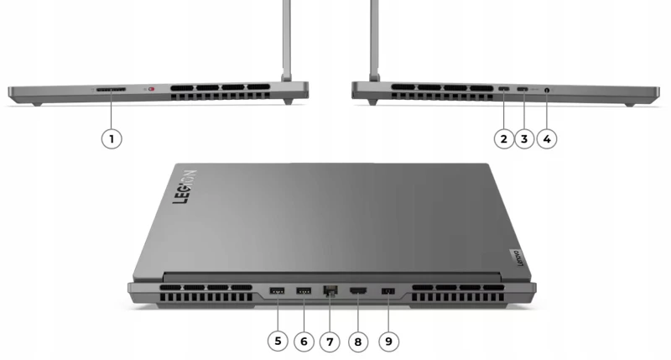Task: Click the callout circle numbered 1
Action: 112,138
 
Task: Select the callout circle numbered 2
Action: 504,138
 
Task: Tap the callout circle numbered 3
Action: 524,138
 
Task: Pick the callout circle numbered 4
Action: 547,138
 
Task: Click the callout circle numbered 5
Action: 278,342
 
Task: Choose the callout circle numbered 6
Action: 304,342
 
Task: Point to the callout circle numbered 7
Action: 330,342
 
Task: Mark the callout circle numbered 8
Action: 358,342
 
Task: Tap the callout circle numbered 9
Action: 388,342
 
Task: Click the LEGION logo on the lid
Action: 185,186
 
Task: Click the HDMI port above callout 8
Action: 358,291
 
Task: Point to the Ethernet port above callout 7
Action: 330,290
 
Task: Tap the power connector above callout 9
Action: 388,291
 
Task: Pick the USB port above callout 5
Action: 278,291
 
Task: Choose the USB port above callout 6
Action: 304,291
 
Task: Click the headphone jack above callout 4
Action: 547,90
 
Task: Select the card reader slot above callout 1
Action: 111,90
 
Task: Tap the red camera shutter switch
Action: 151,89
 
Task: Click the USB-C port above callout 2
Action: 504,89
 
